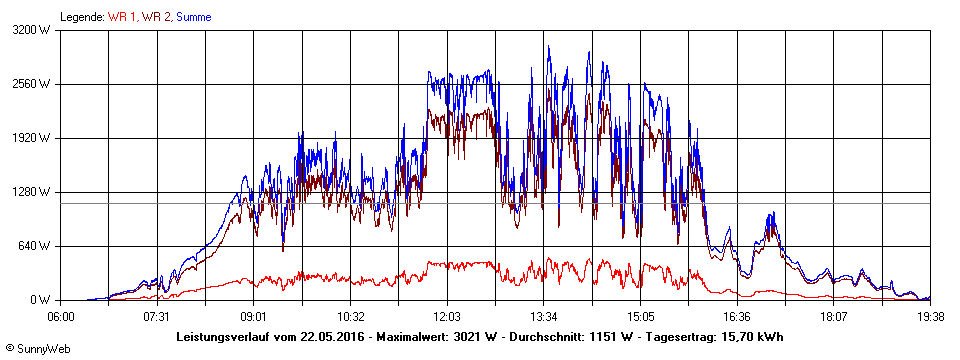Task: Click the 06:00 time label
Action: (x=61, y=316)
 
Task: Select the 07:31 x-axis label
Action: (x=156, y=316)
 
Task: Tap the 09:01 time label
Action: (x=253, y=316)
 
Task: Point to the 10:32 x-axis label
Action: (x=350, y=316)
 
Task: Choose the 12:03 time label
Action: (x=447, y=316)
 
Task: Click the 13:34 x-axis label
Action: (x=544, y=316)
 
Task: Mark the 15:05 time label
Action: (x=641, y=316)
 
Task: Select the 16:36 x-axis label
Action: (x=738, y=316)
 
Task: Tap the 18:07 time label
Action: (x=835, y=316)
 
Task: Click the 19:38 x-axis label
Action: (x=929, y=316)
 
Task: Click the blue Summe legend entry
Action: (x=194, y=16)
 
